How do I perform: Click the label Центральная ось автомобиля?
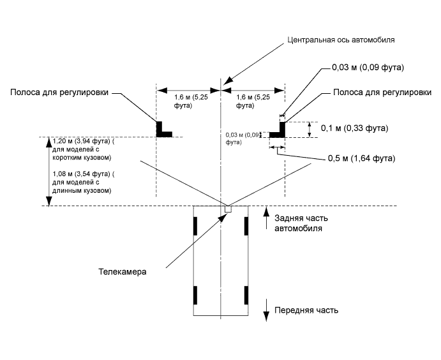(341, 39)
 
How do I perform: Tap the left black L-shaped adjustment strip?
(162, 130)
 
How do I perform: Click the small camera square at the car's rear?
(226, 208)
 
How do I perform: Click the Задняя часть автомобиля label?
(302, 223)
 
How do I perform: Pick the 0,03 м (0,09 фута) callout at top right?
(368, 67)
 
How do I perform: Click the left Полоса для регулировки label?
(59, 92)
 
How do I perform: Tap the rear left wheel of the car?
(196, 225)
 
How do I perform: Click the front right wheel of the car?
(245, 296)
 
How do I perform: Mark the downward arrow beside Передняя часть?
(266, 312)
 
